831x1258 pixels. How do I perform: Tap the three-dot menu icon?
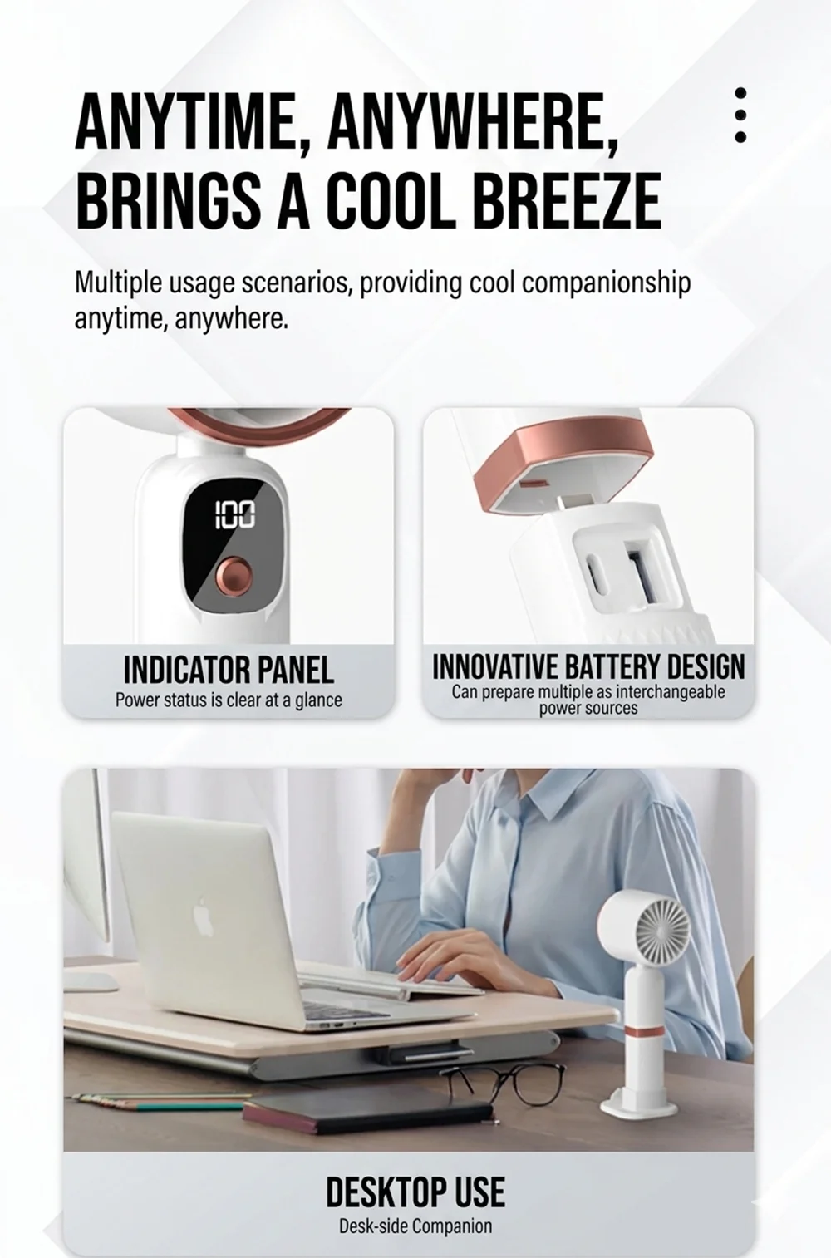click(740, 115)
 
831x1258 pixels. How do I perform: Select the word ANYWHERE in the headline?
click(474, 122)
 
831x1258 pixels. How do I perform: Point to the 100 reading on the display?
click(234, 514)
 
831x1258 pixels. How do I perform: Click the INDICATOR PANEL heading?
click(229, 670)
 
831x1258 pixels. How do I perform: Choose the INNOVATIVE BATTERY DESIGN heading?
click(588, 666)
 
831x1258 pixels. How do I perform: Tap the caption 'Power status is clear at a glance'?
click(229, 700)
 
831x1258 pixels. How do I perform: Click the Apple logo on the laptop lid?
click(204, 918)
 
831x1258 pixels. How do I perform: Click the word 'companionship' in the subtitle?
click(606, 283)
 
